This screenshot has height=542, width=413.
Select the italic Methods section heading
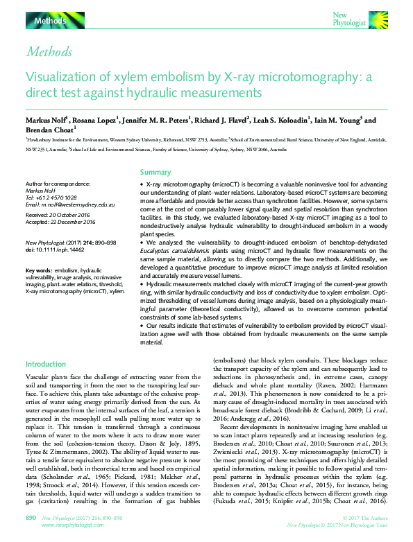point(48,51)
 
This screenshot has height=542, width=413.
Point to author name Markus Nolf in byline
point(49,120)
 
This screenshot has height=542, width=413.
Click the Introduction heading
point(46,364)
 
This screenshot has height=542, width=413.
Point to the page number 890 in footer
point(31,518)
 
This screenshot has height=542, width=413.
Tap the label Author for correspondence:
point(58,183)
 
